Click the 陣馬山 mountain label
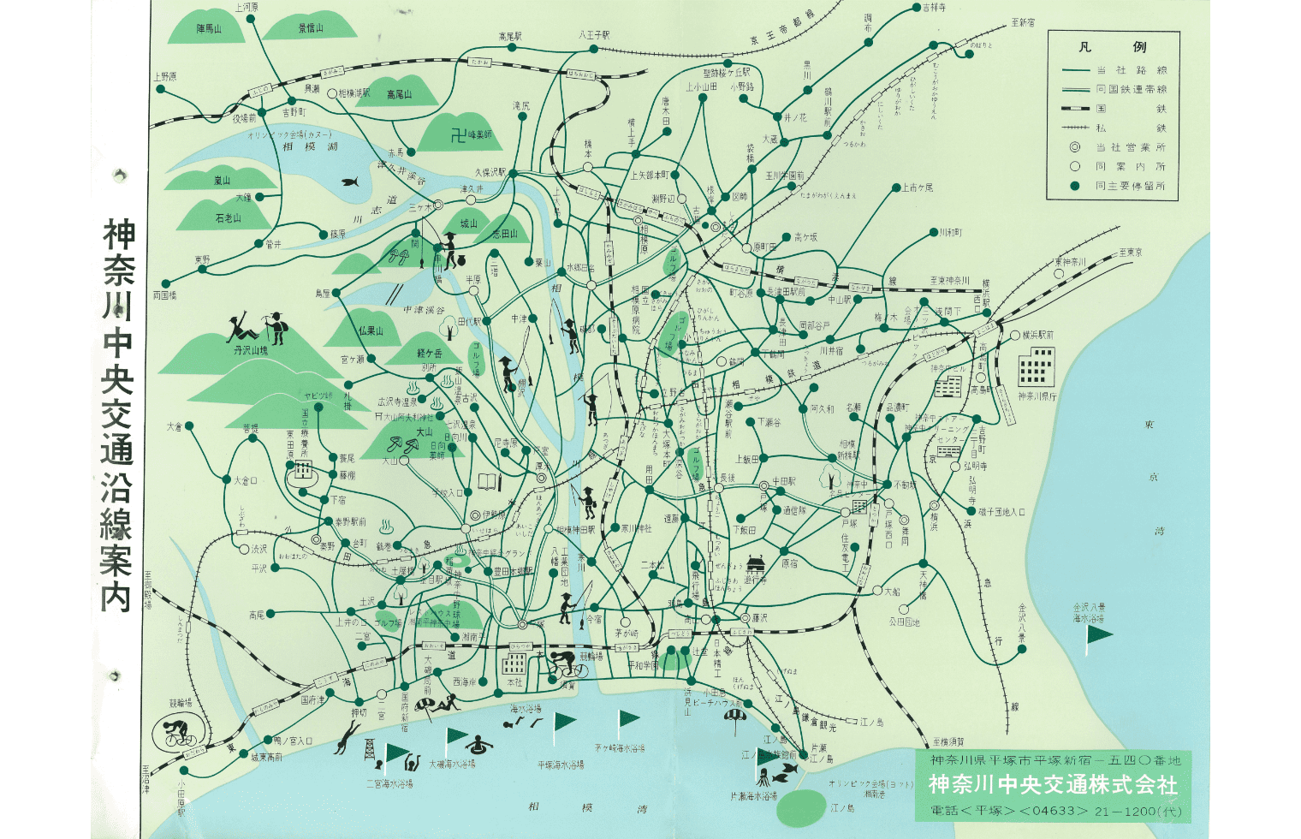pyautogui.click(x=209, y=28)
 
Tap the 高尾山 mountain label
pyautogui.click(x=399, y=94)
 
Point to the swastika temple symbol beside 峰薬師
pyautogui.click(x=459, y=134)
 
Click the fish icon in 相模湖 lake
pyautogui.click(x=349, y=181)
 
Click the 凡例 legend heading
pyautogui.click(x=1112, y=47)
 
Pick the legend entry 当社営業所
pyautogui.click(x=1131, y=147)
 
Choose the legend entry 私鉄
pyautogui.click(x=1131, y=128)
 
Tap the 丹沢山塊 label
pyautogui.click(x=251, y=350)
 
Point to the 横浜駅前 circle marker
pyautogui.click(x=1015, y=336)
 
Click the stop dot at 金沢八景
pyautogui.click(x=1022, y=649)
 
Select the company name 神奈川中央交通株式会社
pyautogui.click(x=1053, y=784)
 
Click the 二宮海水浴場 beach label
pyautogui.click(x=389, y=782)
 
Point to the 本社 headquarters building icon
pyautogui.click(x=514, y=663)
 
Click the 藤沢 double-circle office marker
pyautogui.click(x=744, y=618)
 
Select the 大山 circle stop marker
pyautogui.click(x=407, y=461)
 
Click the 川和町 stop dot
pyautogui.click(x=934, y=232)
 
